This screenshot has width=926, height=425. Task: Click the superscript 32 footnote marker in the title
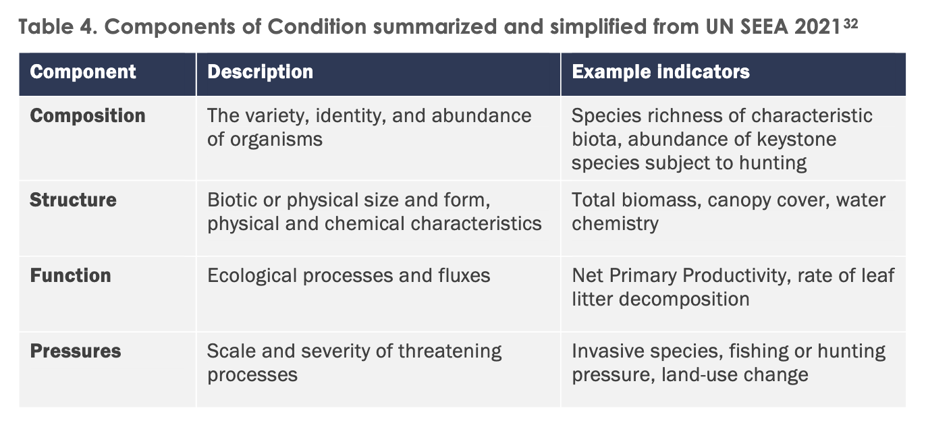(x=850, y=24)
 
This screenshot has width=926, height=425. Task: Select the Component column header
(x=82, y=72)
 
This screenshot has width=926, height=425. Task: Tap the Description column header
(x=260, y=72)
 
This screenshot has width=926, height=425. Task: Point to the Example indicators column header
(x=661, y=72)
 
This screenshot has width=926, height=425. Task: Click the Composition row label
(x=88, y=115)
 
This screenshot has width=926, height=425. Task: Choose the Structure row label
(x=73, y=200)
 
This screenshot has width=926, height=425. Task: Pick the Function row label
(x=70, y=275)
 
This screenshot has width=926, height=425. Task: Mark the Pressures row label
(x=76, y=351)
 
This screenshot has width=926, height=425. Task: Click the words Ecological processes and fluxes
(x=348, y=276)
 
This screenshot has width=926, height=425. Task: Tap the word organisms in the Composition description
(x=276, y=140)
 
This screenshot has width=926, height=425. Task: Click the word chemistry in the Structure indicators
(x=615, y=224)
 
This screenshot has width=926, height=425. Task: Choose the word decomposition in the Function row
(x=684, y=300)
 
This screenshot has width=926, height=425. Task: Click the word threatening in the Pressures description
(x=450, y=351)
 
